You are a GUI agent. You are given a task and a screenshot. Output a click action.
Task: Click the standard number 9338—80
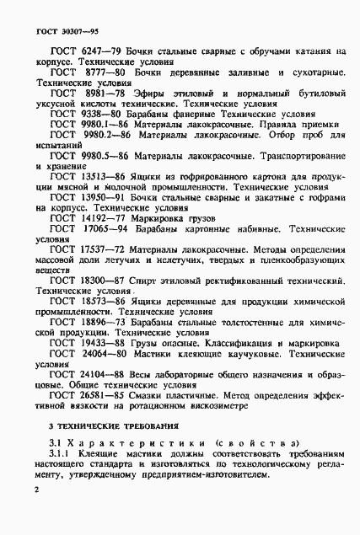coord(104,113)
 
